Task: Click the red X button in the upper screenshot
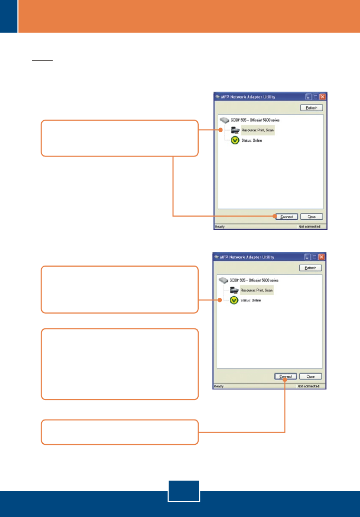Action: pos(322,97)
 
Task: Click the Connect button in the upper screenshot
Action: pos(286,217)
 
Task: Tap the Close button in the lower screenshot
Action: pos(310,377)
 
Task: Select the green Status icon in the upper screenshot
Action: pos(235,141)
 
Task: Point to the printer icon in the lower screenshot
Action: pos(235,290)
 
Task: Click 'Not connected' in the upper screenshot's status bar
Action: pos(308,228)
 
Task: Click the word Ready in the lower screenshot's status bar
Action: pos(219,386)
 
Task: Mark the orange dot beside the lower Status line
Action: pos(220,300)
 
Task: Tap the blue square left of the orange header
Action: pos(8,16)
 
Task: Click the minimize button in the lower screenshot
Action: pos(307,257)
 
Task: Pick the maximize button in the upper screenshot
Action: pos(315,97)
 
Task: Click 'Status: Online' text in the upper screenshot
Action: pos(252,141)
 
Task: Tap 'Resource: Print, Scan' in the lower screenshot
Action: pos(258,290)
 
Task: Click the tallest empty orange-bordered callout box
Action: pos(120,364)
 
